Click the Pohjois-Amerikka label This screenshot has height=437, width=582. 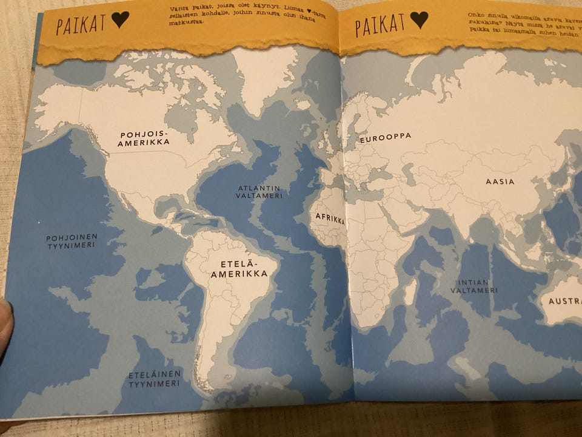[x=145, y=138]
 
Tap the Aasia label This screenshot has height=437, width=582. [x=500, y=181]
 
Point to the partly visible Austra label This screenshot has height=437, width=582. [x=564, y=301]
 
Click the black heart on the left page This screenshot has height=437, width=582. [x=120, y=21]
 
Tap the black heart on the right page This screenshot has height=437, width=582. [x=419, y=21]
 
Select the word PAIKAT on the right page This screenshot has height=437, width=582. [x=380, y=25]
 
